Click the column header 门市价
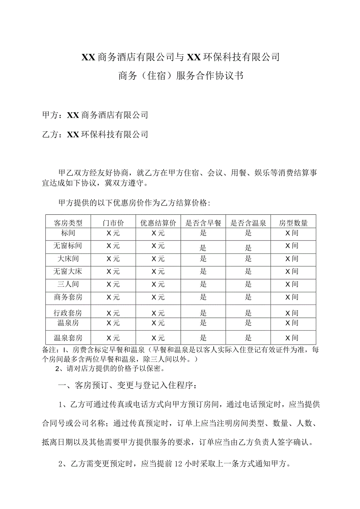pyautogui.click(x=113, y=223)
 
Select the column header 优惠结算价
pyautogui.click(x=158, y=223)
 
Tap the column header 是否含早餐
pyautogui.click(x=203, y=223)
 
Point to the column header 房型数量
pyautogui.click(x=293, y=223)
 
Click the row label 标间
pyautogui.click(x=68, y=234)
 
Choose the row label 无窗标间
pyautogui.click(x=68, y=246)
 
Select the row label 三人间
pyautogui.click(x=68, y=284)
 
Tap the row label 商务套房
pyautogui.click(x=68, y=297)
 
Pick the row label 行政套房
pyautogui.click(x=68, y=313)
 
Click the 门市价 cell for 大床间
pyautogui.click(x=113, y=259)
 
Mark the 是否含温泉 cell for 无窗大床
pyautogui.click(x=248, y=272)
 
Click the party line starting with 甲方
pyautogui.click(x=95, y=115)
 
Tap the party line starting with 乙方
pyautogui.click(x=95, y=135)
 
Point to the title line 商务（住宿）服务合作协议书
pyautogui.click(x=180, y=76)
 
